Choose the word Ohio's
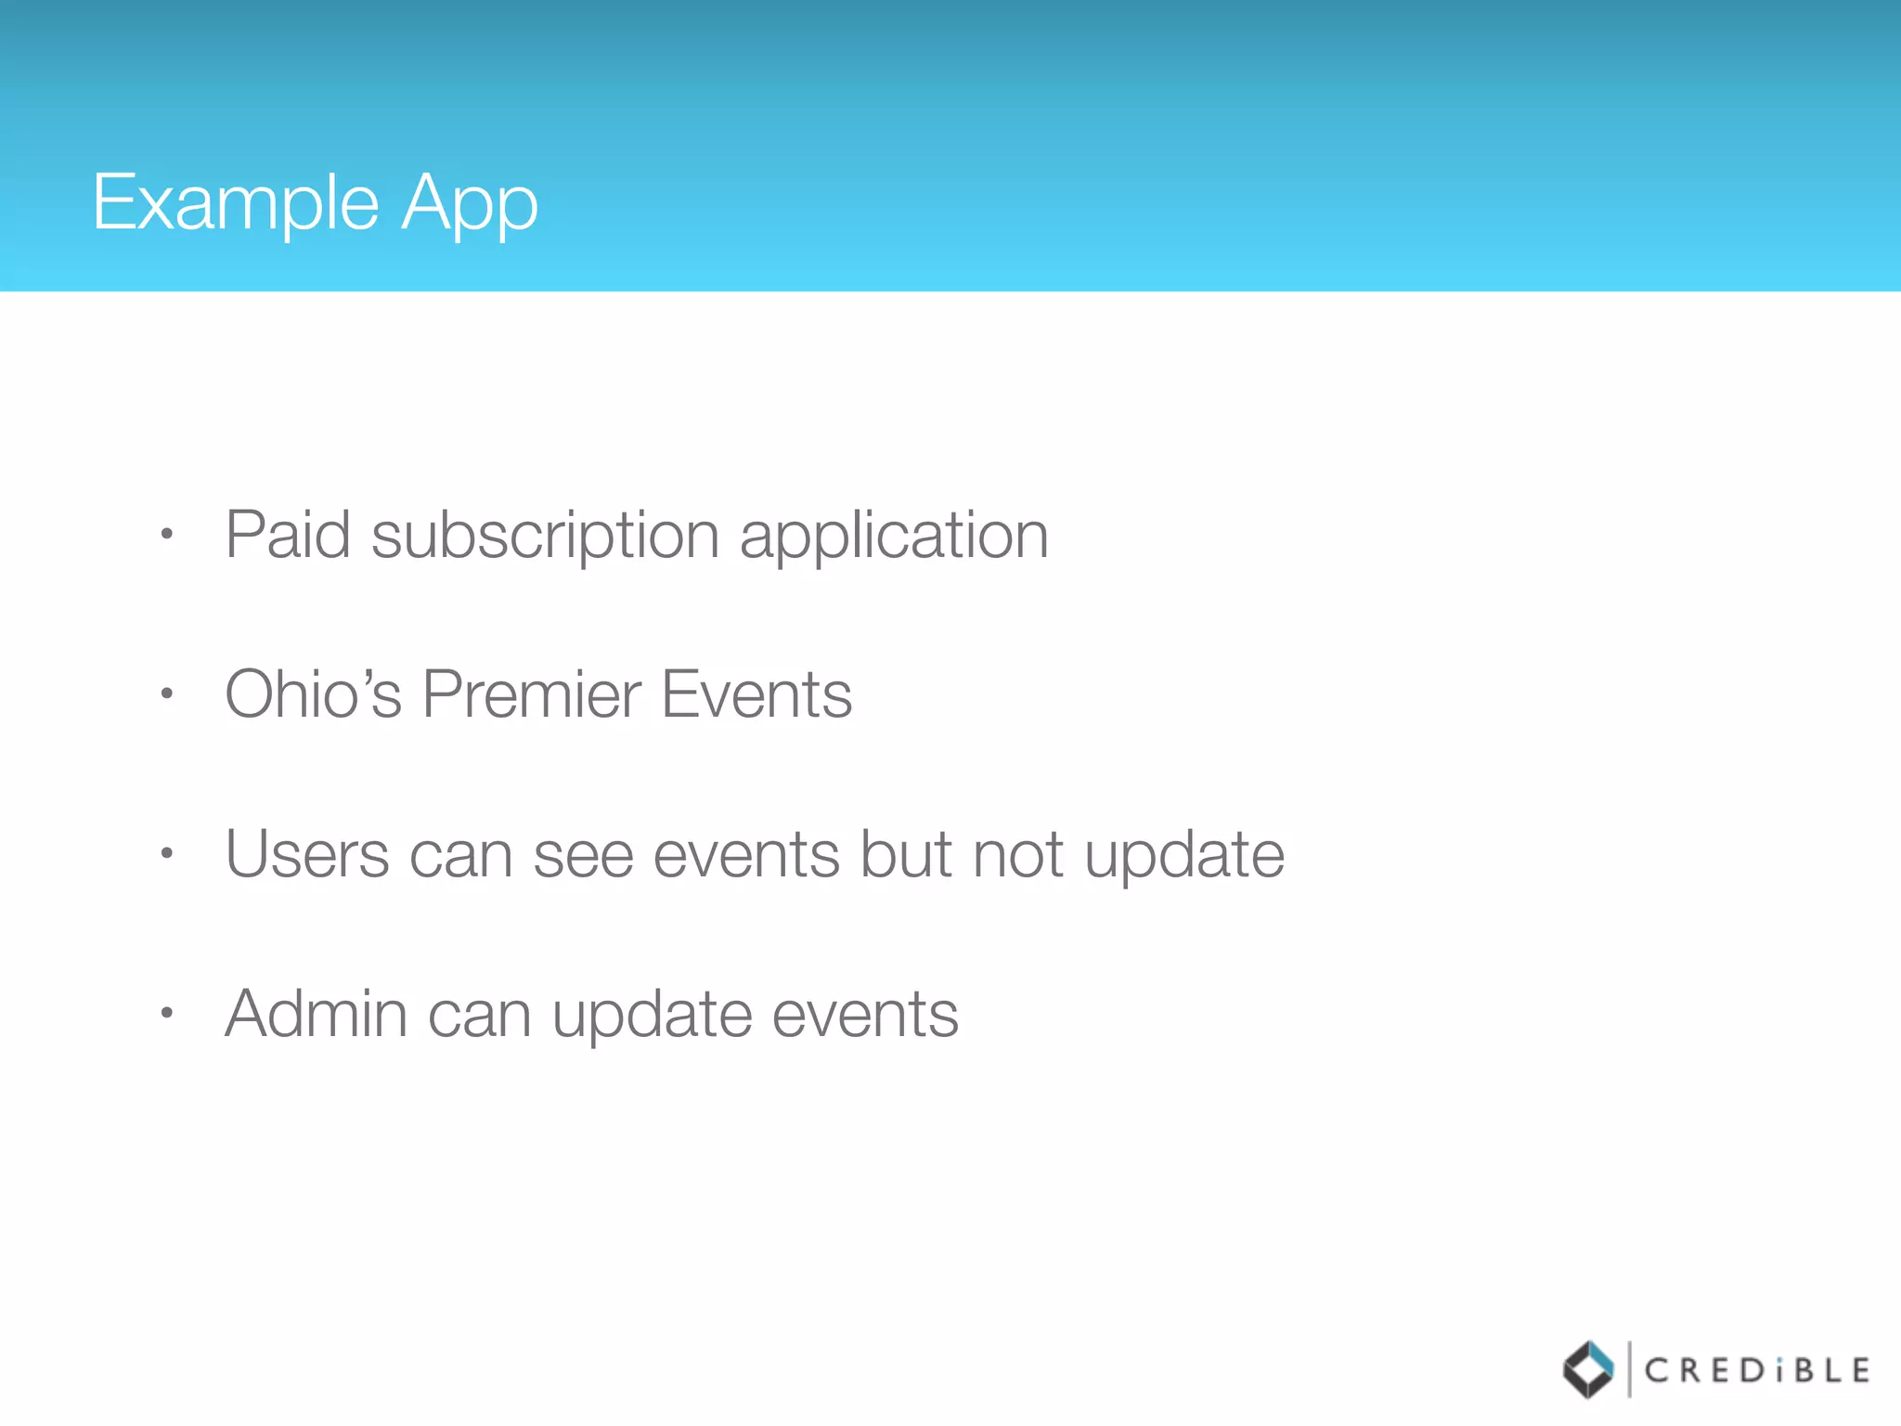click(x=314, y=694)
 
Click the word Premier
click(x=531, y=694)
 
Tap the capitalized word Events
click(x=757, y=694)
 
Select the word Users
click(x=307, y=854)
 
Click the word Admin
click(x=316, y=1014)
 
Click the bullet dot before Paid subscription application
click(x=167, y=534)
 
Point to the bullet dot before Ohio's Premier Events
click(x=167, y=694)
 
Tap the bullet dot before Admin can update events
click(x=167, y=1013)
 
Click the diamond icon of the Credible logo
click(x=1588, y=1369)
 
